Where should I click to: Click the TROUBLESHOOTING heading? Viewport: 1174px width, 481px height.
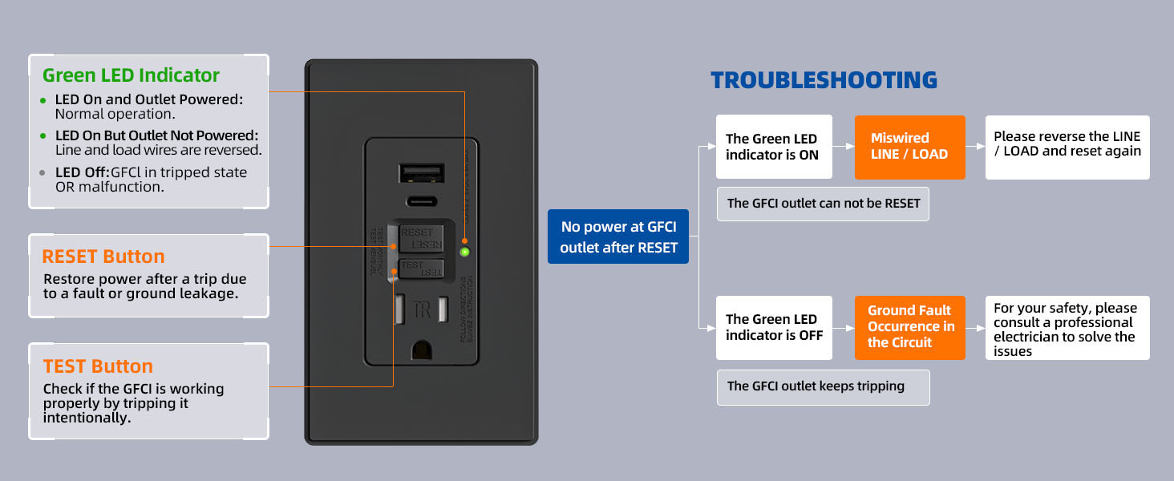(x=824, y=80)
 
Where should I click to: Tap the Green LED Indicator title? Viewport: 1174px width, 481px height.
(x=131, y=75)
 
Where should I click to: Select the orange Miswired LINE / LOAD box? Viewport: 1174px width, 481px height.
(x=909, y=147)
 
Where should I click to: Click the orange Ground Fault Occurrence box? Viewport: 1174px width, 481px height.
(x=909, y=327)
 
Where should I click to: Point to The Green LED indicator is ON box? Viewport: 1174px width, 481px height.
(x=773, y=147)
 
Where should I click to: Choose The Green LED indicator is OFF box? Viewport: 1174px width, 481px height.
(x=773, y=327)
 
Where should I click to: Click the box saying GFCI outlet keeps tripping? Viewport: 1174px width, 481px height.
(x=822, y=386)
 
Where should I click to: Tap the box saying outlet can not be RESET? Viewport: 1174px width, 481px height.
(x=822, y=204)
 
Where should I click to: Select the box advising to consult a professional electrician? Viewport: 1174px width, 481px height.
(x=1067, y=329)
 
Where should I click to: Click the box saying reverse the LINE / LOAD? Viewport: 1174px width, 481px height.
(x=1067, y=144)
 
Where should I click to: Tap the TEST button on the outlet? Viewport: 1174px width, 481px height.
(x=422, y=268)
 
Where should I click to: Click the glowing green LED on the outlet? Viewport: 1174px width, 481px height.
(x=464, y=252)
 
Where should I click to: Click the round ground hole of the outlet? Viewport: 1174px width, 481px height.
(x=422, y=350)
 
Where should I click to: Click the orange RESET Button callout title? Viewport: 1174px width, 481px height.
(x=103, y=257)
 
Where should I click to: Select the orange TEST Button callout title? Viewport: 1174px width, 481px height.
(x=98, y=366)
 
